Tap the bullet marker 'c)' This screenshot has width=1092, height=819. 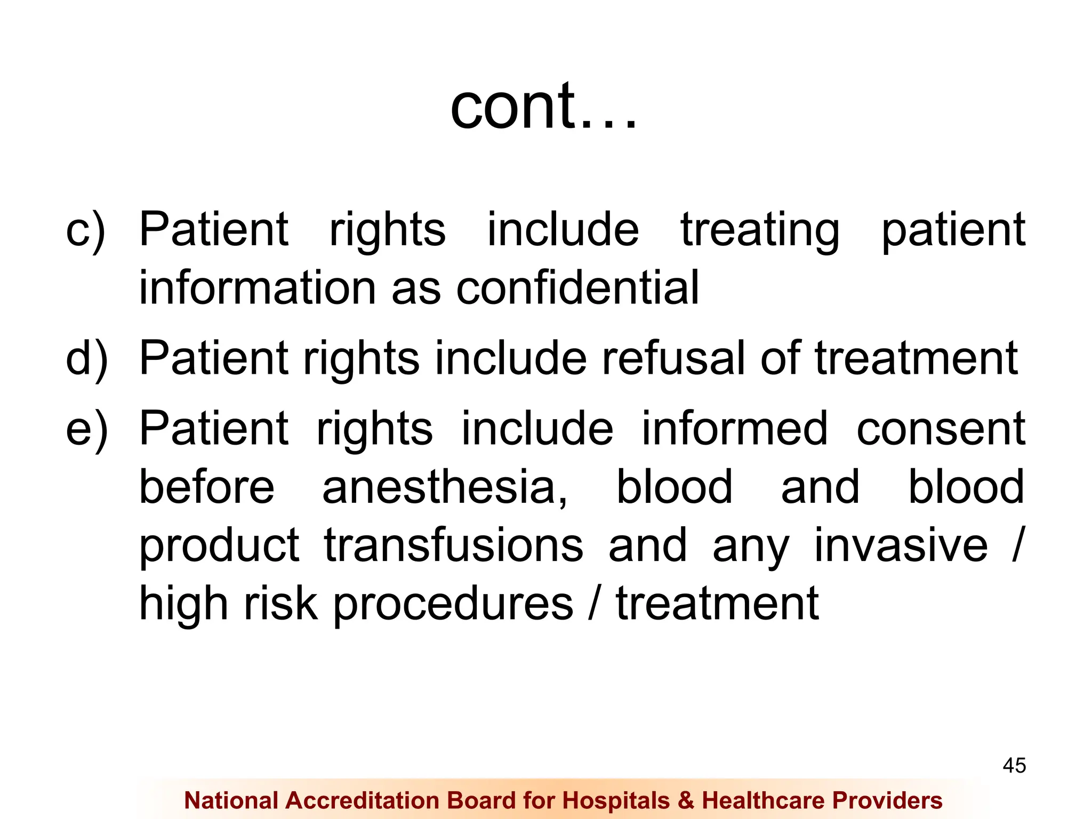pos(85,230)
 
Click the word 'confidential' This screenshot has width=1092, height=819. pos(577,288)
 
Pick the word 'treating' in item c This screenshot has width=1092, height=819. pos(760,230)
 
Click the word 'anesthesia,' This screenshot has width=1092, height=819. pos(445,487)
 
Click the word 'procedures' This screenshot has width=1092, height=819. pos(453,605)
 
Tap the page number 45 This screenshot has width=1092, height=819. pos(1014,766)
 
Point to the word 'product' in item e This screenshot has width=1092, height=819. pos(219,547)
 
